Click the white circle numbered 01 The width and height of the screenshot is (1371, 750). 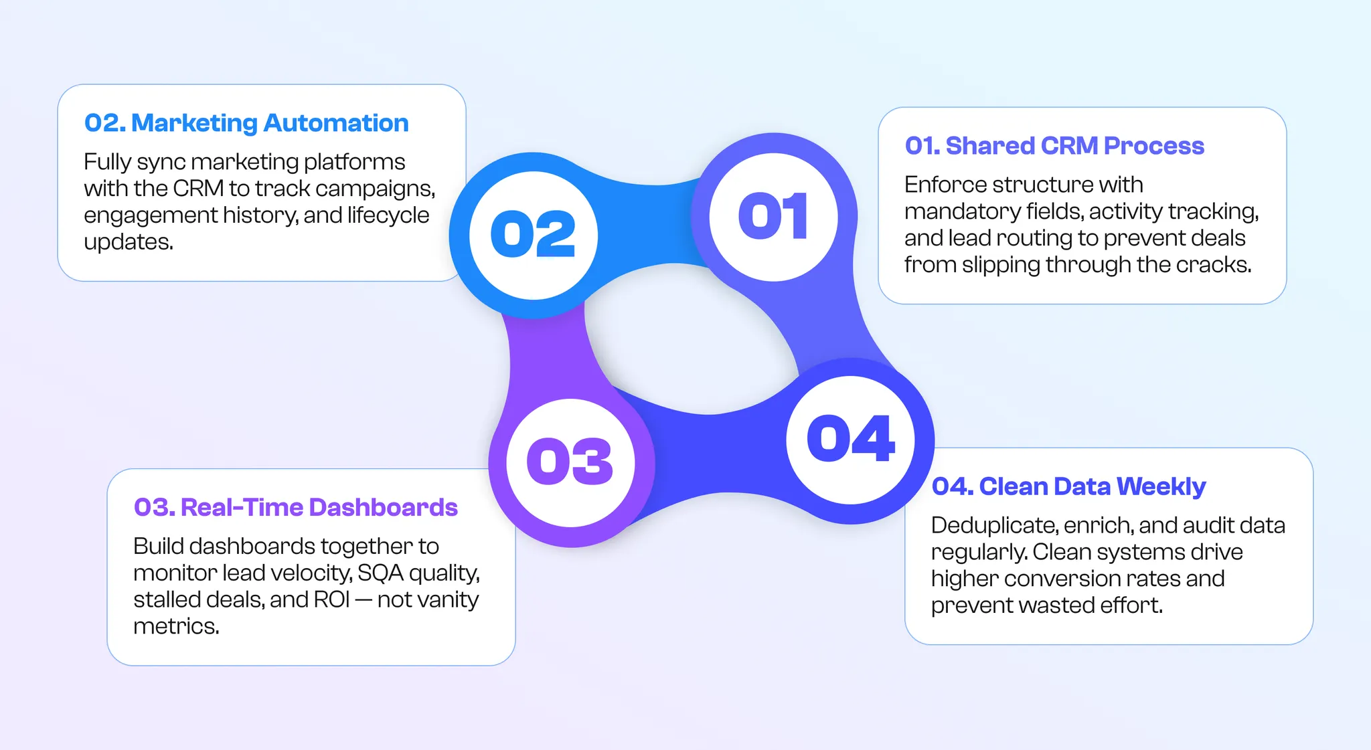(773, 217)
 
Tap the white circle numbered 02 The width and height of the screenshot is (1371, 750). (533, 234)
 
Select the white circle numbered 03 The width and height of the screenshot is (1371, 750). (570, 462)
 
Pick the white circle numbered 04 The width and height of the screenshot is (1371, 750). (850, 440)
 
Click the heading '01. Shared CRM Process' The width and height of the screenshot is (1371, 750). (1054, 146)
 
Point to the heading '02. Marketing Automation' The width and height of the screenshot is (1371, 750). (246, 123)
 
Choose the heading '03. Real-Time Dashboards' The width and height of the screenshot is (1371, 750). (295, 508)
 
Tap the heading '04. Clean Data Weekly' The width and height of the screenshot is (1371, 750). (1068, 486)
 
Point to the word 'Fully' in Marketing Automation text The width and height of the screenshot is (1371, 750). (107, 163)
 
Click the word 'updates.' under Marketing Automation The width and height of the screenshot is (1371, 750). (129, 242)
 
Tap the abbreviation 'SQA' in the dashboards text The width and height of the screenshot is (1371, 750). (380, 573)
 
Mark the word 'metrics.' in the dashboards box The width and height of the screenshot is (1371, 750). (176, 627)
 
